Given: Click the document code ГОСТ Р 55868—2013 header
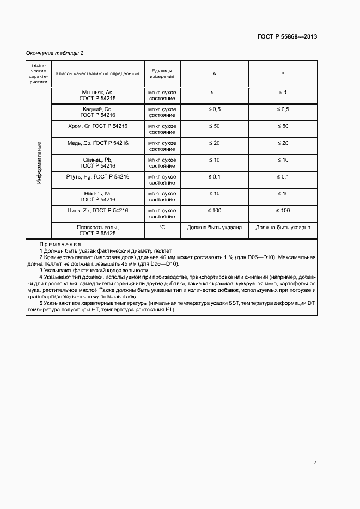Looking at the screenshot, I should pos(287,37).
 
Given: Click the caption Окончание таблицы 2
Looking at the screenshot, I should pos(55,53).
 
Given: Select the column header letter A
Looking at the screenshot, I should pos(214,73).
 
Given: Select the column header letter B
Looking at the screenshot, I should pos(283,73).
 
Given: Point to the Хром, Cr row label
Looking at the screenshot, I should pos(97,126).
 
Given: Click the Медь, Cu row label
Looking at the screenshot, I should pos(97,143).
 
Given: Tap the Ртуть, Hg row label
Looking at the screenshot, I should pos(97,177).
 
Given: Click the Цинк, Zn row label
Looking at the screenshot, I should pos(97,211).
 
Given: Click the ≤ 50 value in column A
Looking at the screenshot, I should pos(214,126).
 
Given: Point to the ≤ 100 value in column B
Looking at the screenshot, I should pos(283,211).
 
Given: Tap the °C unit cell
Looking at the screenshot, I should pos(162,228).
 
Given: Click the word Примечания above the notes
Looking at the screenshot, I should pos(60,244).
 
